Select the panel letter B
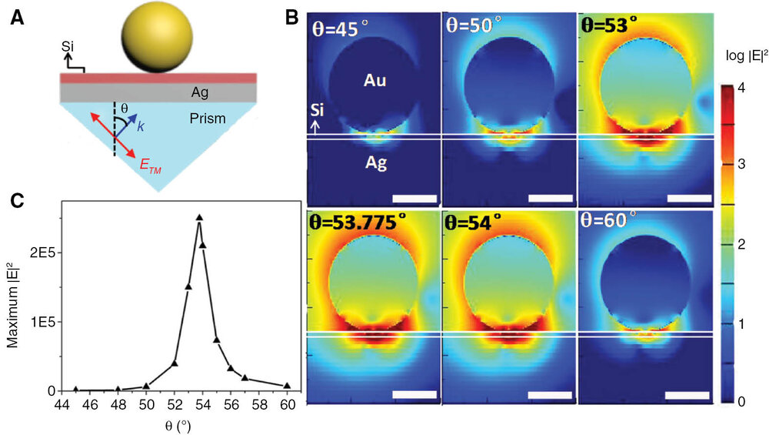[x=291, y=16]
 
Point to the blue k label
[x=140, y=125]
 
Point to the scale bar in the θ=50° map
[x=551, y=199]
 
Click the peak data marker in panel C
[x=199, y=218]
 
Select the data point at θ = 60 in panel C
[x=287, y=386]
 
